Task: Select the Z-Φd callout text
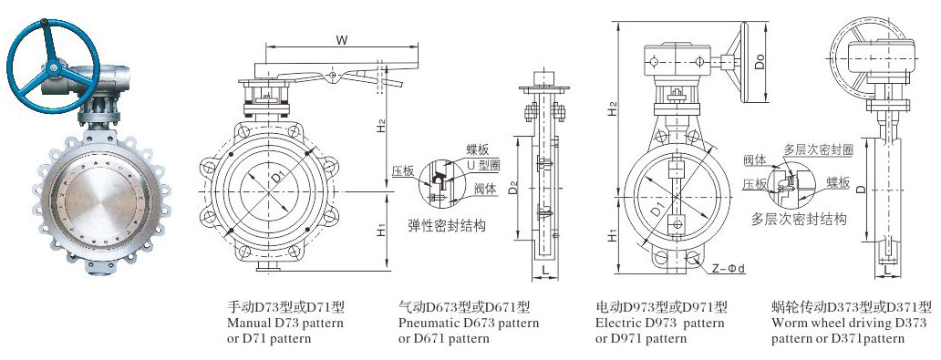tap(728, 269)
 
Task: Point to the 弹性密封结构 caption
tap(447, 226)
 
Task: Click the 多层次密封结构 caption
tap(799, 219)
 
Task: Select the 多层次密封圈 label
tap(818, 150)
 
